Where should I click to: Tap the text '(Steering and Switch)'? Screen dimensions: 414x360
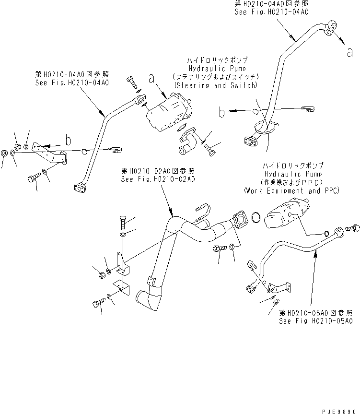[216, 85]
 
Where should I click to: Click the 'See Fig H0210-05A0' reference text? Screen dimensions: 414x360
[316, 321]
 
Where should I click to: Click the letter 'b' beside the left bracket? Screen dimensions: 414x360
[69, 140]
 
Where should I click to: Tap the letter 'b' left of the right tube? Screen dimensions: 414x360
[221, 113]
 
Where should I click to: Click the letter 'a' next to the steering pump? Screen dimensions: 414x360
[152, 77]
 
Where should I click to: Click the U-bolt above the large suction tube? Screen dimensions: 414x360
[204, 211]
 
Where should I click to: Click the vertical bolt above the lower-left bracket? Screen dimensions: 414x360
[123, 223]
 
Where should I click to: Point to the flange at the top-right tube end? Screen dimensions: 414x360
[331, 28]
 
